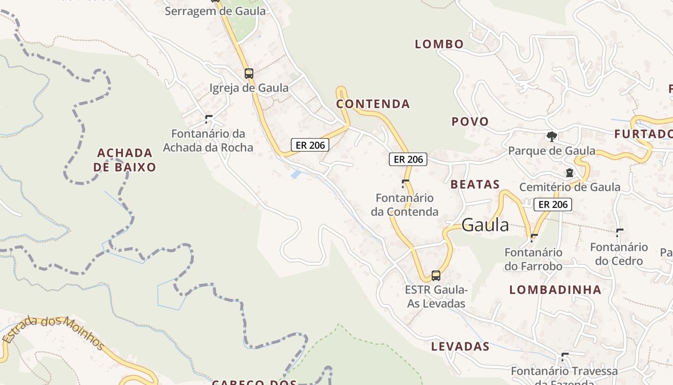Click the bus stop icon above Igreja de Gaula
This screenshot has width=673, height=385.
point(249,74)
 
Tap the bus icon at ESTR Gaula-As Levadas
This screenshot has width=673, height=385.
point(436,276)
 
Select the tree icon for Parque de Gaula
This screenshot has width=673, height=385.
point(552,137)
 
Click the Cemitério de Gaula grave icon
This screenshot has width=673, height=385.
point(570,172)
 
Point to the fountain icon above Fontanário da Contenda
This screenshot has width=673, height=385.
point(405,183)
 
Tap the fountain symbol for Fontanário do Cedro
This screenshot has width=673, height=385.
point(620,233)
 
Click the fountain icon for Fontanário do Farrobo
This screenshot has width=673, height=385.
point(534,238)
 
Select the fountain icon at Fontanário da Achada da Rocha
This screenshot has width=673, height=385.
point(209,119)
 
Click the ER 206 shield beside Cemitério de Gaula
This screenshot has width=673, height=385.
point(553,205)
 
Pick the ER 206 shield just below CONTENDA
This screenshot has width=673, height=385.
point(408,159)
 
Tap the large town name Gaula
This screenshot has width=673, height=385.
point(485,225)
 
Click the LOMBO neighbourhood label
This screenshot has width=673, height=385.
point(439,44)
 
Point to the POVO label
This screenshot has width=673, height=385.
point(470,122)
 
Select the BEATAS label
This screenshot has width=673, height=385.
point(475,184)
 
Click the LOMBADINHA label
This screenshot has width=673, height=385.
point(555,290)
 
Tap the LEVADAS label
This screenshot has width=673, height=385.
point(460,346)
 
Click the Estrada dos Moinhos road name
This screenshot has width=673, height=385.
point(54,332)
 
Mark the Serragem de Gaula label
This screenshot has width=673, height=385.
point(215,11)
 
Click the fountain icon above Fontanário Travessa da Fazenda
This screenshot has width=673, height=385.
point(565,357)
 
